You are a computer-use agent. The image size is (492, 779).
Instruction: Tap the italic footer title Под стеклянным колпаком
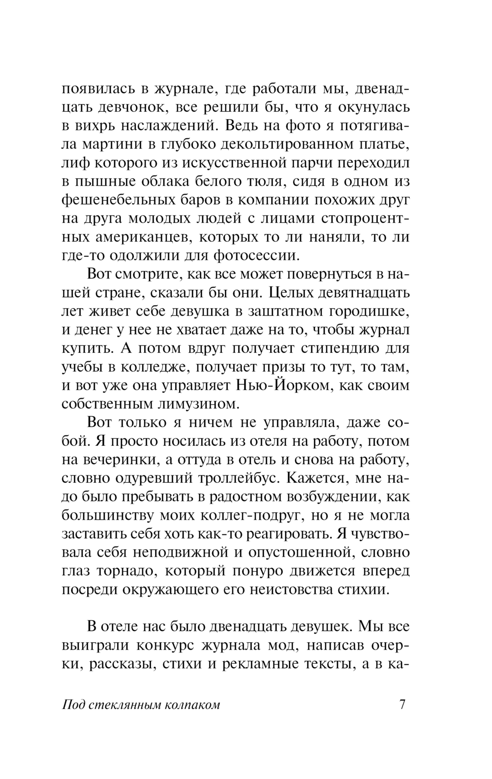141,705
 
